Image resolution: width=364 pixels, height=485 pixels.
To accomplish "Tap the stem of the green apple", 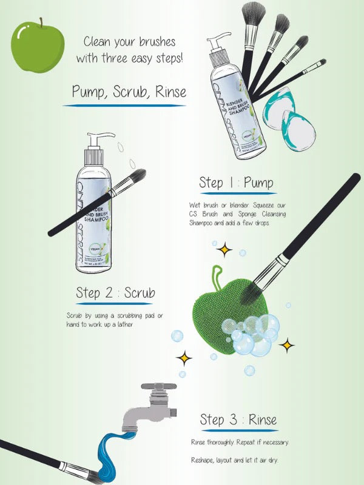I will coord(42,22).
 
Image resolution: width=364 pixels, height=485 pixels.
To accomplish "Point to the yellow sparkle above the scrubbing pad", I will coord(226,249).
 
